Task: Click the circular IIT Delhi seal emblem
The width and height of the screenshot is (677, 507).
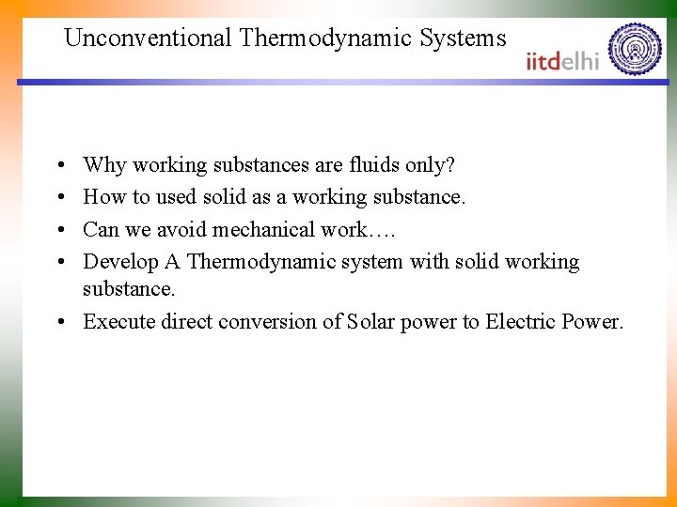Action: [x=635, y=50]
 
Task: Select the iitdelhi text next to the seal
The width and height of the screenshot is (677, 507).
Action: [x=563, y=61]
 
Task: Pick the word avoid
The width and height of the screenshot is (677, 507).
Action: [x=186, y=229]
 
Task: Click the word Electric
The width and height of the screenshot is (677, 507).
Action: [x=520, y=321]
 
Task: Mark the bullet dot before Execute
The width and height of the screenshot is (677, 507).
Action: [x=58, y=322]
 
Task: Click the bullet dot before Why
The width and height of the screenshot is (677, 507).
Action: [x=58, y=166]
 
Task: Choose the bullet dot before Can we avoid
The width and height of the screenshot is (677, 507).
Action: [x=58, y=230]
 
